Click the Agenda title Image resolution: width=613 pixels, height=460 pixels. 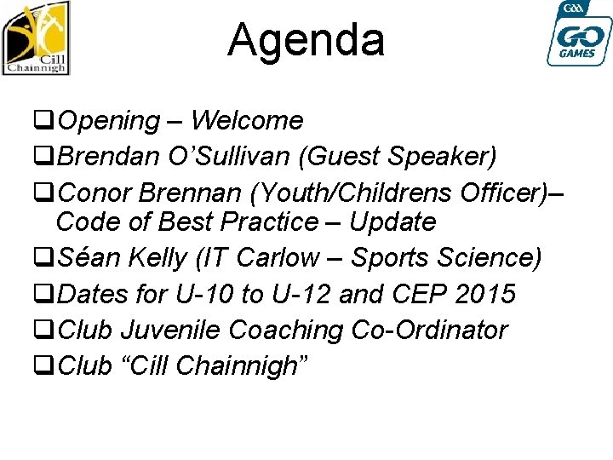(306, 40)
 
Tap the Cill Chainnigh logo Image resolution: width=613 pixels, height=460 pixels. (36, 38)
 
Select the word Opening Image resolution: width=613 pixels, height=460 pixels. (110, 122)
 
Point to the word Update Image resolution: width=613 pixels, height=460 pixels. (392, 223)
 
